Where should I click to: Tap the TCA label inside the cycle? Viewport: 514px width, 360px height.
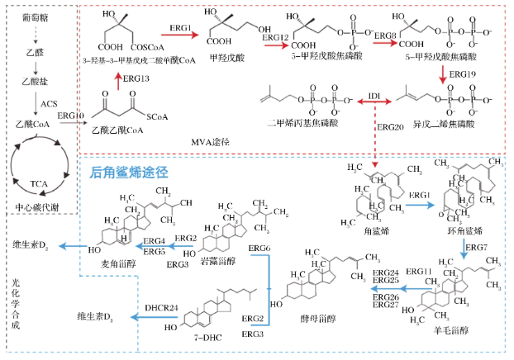click(40, 182)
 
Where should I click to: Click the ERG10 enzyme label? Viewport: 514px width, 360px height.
click(72, 116)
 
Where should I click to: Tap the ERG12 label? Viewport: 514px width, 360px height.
click(275, 38)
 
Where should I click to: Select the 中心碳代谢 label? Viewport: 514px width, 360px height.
click(37, 208)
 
